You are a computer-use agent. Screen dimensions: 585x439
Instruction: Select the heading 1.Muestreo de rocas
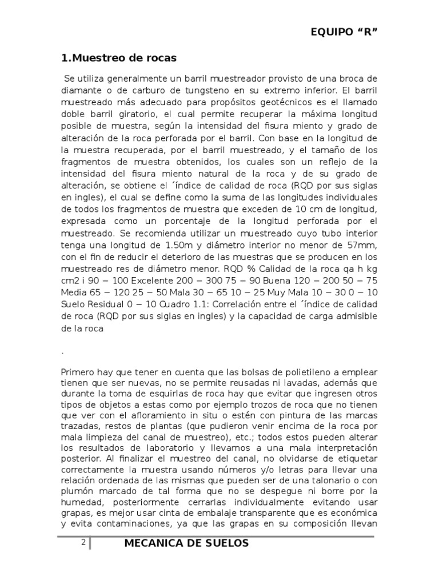[119, 58]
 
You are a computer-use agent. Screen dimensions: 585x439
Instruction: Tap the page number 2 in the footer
[83, 543]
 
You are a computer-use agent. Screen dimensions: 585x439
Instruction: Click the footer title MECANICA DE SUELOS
[186, 543]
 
